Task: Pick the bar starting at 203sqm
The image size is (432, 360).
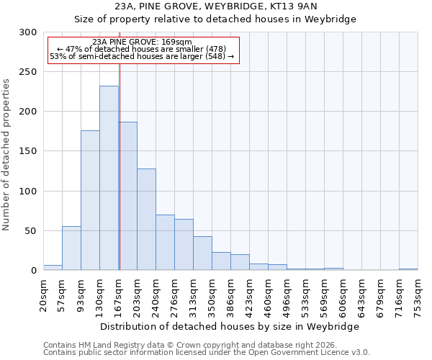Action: click(x=146, y=220)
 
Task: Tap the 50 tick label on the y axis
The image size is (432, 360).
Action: click(x=30, y=231)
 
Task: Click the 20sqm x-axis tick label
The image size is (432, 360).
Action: click(x=44, y=293)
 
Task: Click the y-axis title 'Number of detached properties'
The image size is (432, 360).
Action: click(x=6, y=155)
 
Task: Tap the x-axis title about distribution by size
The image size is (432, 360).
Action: click(x=230, y=326)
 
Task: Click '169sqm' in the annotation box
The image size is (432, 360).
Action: click(x=176, y=42)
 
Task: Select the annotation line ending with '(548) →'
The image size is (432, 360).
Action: click(x=142, y=56)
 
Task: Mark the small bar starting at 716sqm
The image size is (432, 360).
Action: click(x=408, y=269)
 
